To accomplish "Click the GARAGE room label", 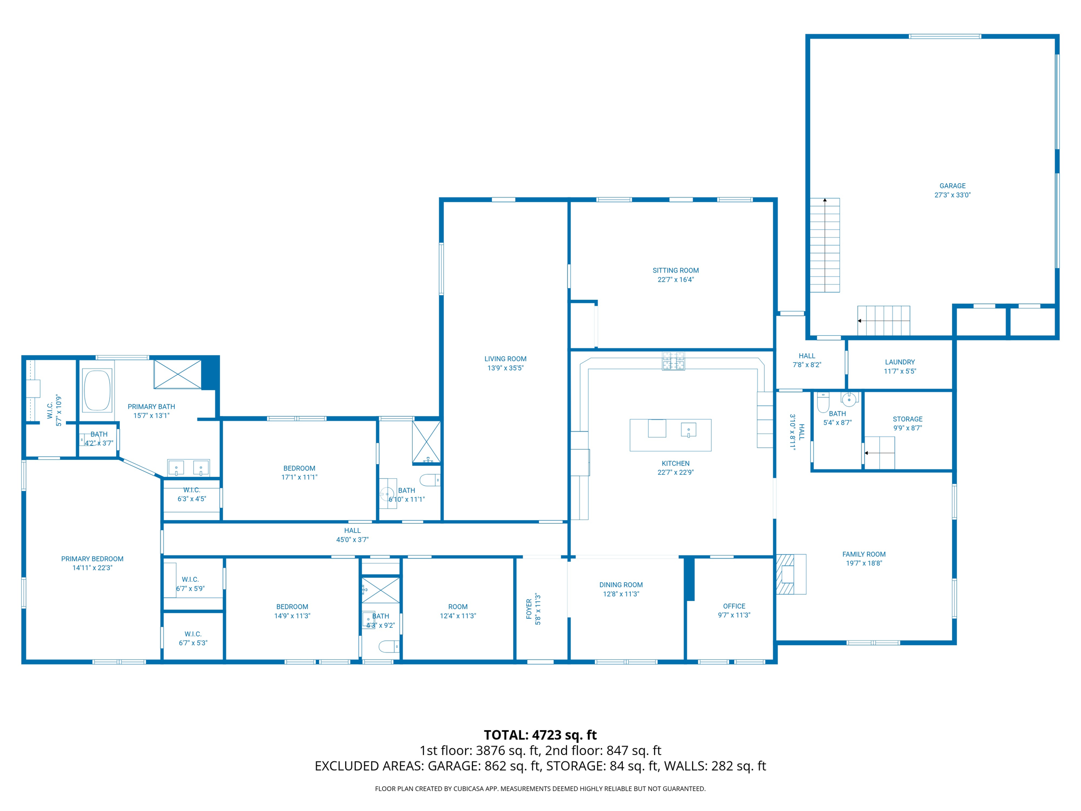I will pos(952,186).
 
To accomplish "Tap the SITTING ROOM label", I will pos(675,270).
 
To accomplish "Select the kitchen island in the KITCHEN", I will pos(670,435).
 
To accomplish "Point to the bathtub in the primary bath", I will pos(97,390).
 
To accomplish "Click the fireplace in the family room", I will pos(790,574).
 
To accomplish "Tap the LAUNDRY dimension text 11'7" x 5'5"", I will pos(900,371).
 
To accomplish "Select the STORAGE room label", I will pos(907,419).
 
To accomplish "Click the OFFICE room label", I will pos(734,606).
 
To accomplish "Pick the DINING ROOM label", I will pos(621,584).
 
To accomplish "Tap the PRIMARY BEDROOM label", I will pos(92,559).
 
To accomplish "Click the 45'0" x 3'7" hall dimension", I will pos(352,540).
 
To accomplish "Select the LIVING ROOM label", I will pos(505,359).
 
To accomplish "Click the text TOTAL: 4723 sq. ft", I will pos(540,735).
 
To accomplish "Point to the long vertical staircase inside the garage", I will pos(824,246).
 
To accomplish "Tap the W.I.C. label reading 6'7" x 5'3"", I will pos(193,634).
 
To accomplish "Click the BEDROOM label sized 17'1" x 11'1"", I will pos(299,468).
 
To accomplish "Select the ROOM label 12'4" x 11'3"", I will pos(458,607).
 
